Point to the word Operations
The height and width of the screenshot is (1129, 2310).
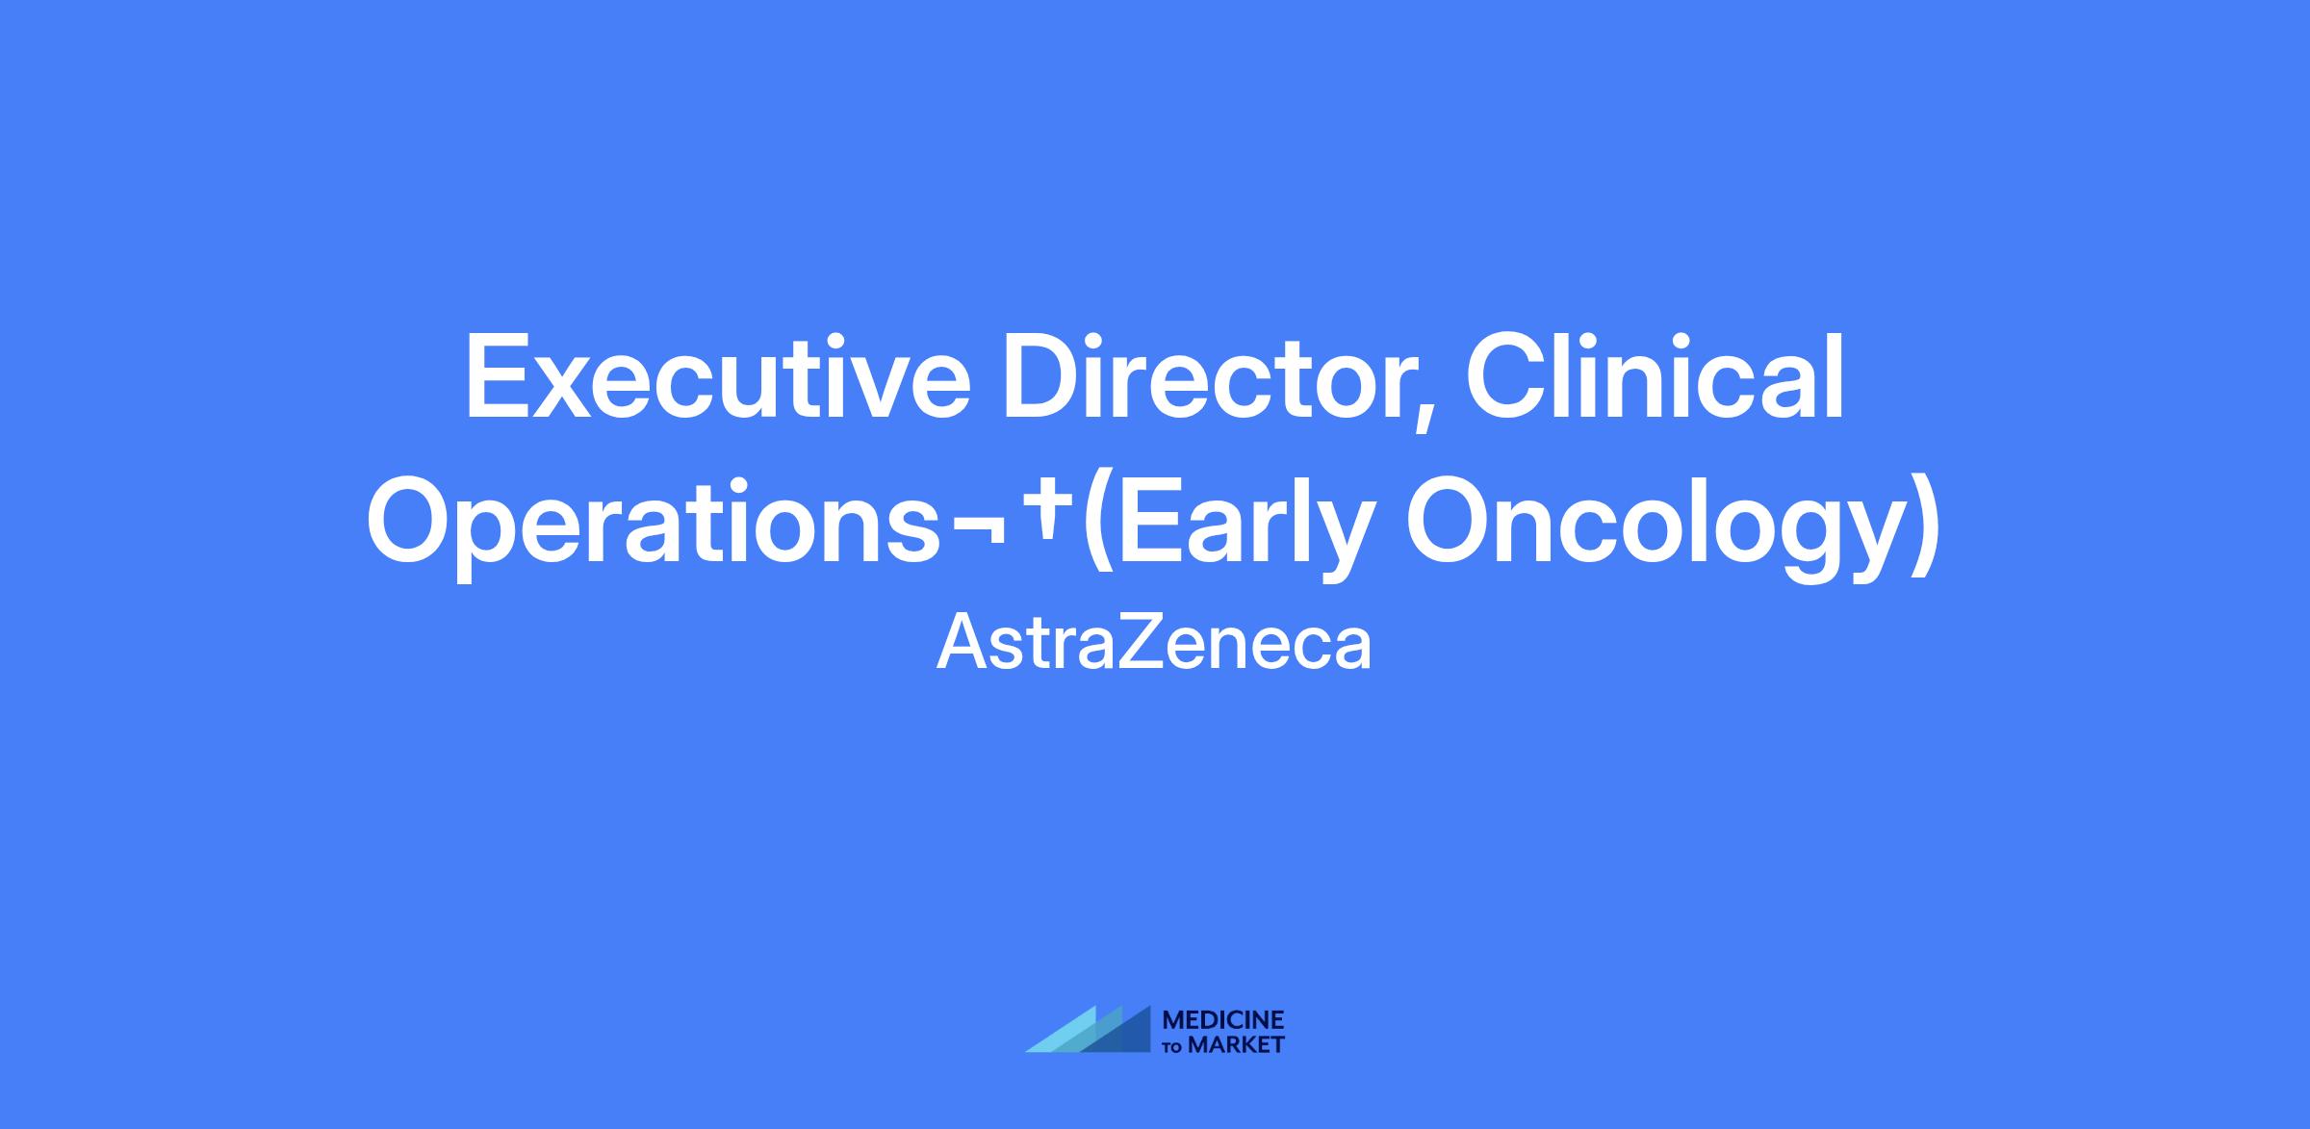(x=654, y=527)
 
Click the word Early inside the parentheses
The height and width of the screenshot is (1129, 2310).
(x=1241, y=527)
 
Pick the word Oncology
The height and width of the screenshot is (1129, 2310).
(x=1655, y=527)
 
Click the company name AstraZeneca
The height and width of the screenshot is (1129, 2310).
(x=1154, y=644)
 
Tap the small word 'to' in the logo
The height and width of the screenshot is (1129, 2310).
(x=1174, y=1046)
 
